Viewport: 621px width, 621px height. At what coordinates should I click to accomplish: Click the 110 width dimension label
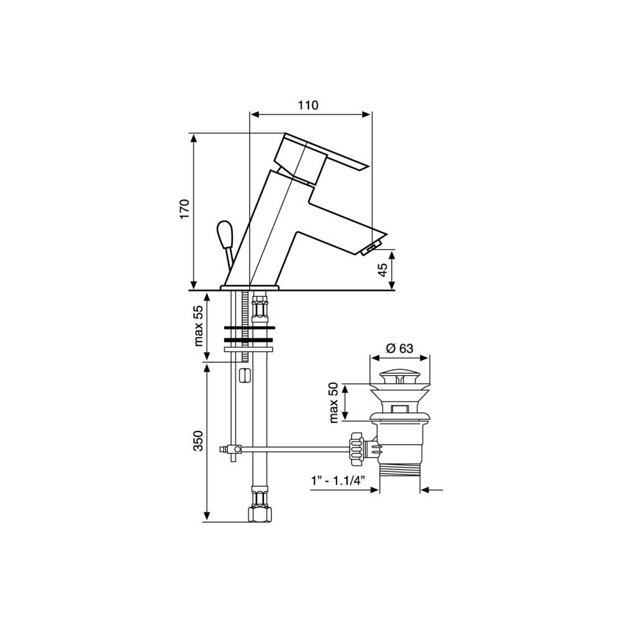(x=308, y=105)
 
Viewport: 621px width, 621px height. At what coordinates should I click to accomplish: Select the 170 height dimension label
(x=185, y=209)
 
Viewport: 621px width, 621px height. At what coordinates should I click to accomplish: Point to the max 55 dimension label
(x=198, y=325)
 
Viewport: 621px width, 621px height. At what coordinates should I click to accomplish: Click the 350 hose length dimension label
(x=198, y=441)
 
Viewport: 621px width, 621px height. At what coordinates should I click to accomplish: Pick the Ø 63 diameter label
(x=399, y=348)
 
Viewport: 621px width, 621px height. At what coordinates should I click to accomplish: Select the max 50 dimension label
(x=333, y=402)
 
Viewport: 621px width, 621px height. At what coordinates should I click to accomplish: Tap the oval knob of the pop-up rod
(x=224, y=233)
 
